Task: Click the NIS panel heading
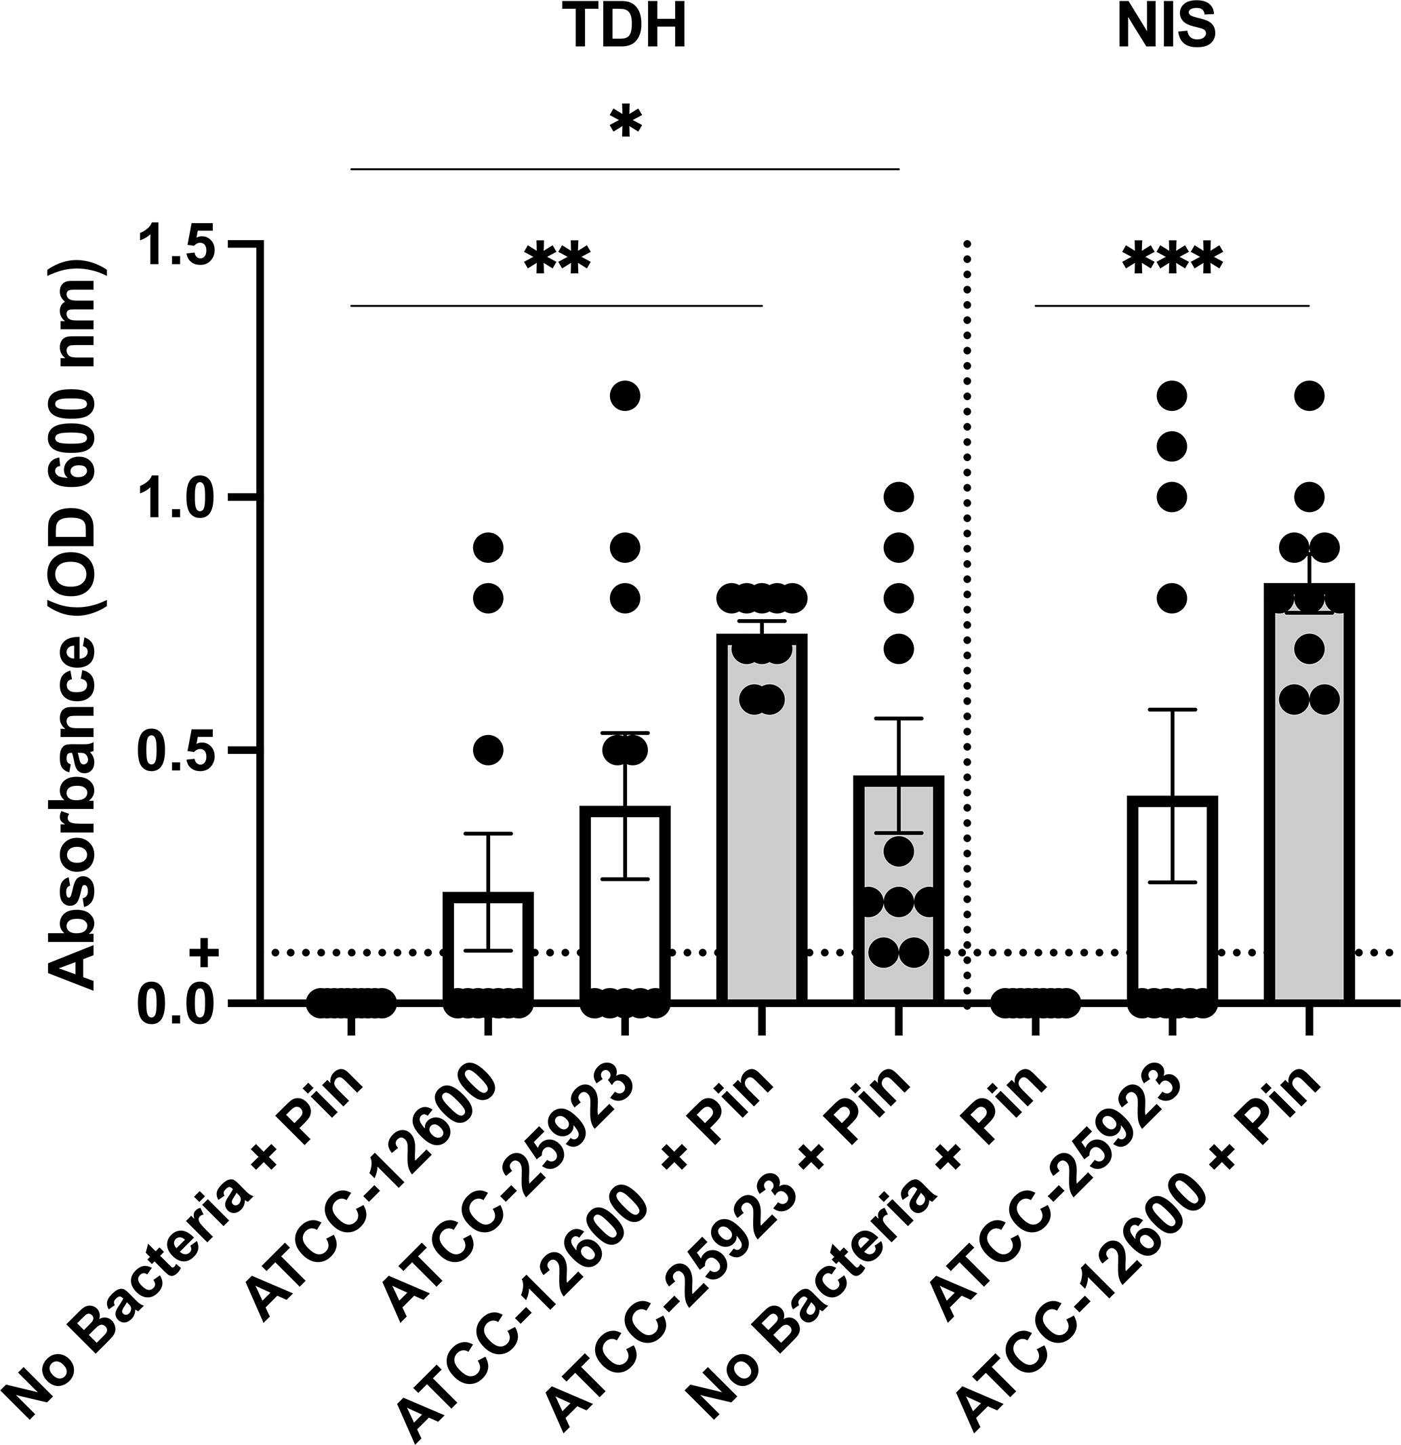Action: point(1166,26)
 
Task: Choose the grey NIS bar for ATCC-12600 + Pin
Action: point(1309,796)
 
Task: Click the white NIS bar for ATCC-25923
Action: point(1172,903)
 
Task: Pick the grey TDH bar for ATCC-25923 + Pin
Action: point(898,892)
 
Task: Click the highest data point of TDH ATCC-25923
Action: point(625,396)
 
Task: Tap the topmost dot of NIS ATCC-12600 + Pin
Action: point(1309,396)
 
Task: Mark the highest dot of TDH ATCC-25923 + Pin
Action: point(898,497)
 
